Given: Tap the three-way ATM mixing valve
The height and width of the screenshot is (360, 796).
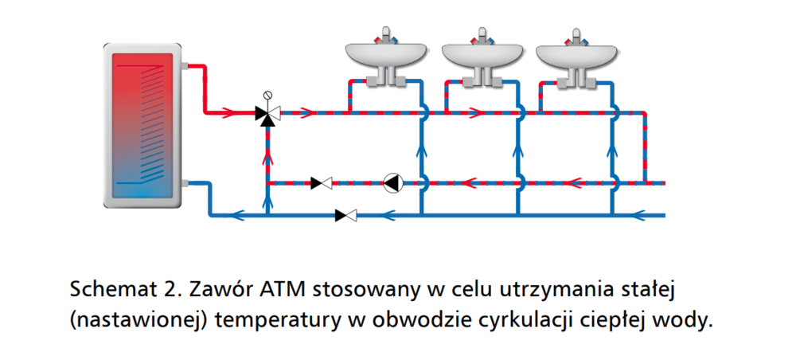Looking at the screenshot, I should coord(267,113).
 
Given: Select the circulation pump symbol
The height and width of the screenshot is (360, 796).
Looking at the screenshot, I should coord(392,183).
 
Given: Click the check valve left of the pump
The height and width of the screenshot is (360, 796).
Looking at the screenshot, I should coord(322,183).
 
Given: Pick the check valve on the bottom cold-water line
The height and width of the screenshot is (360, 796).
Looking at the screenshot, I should coord(346,215).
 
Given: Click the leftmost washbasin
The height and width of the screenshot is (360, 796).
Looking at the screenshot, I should coord(385,56).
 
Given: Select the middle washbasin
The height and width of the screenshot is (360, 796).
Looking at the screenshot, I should coord(481,56).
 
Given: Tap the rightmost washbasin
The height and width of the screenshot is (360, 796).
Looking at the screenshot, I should coord(576,56).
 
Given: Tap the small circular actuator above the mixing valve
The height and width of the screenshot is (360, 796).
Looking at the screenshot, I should coord(267,94).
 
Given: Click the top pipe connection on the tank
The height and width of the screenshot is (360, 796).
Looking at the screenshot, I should coord(184,65).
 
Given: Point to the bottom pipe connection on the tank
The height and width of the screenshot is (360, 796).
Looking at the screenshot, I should coord(184,183).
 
